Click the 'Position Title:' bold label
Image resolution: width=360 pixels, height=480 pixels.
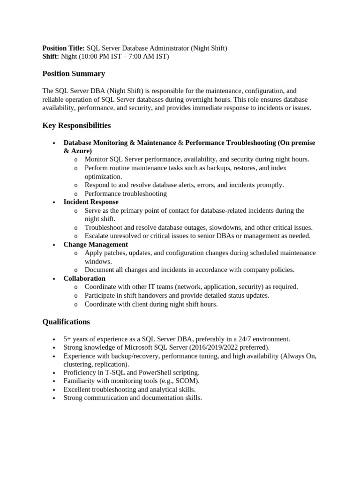64,48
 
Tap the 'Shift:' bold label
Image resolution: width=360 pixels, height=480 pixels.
51,57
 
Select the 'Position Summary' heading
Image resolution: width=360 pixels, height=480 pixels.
74,74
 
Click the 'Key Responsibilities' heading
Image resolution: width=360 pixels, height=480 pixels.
76,125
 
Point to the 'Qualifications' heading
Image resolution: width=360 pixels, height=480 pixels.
66,322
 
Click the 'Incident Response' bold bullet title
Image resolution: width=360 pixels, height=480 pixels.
91,202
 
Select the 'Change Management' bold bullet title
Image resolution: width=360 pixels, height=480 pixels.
96,245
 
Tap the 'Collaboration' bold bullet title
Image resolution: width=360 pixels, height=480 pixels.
84,278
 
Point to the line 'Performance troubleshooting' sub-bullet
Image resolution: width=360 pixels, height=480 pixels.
126,194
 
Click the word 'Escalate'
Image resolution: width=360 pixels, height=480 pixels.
97,236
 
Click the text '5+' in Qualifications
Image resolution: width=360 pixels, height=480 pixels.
67,338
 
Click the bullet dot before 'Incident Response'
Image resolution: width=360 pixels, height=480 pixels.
54,202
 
